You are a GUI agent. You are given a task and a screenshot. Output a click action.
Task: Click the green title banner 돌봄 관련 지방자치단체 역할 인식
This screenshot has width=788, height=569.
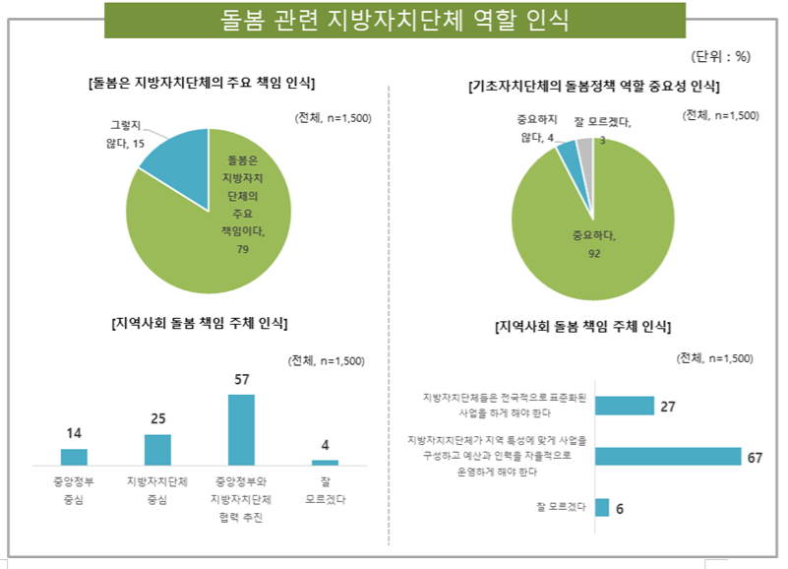coord(394,20)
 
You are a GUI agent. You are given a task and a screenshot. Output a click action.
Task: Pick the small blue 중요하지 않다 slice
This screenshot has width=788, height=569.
coord(568,152)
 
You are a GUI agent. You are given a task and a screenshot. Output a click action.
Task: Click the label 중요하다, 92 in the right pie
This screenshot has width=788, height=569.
coord(593,243)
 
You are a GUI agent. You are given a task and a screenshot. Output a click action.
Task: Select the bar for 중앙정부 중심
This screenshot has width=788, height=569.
coord(74,456)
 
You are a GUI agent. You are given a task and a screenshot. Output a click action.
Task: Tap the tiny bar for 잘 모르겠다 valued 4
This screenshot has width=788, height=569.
coord(325,462)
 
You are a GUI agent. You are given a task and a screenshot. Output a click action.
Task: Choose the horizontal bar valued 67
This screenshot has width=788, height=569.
coord(668,456)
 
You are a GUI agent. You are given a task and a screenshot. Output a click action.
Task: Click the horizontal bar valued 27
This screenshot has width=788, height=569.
coord(625,406)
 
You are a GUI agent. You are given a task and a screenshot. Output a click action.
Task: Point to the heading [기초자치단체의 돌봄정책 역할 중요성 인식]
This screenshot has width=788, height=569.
coord(594,87)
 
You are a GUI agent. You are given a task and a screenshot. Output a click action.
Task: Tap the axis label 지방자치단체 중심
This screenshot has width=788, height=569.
coord(157,490)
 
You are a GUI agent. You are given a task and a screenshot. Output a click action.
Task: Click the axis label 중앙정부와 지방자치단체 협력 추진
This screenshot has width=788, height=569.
coord(241,499)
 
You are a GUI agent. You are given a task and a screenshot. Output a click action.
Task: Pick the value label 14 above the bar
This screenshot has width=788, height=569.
coord(74,433)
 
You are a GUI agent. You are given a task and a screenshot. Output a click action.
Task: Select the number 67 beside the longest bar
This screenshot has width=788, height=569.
coord(756,457)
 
